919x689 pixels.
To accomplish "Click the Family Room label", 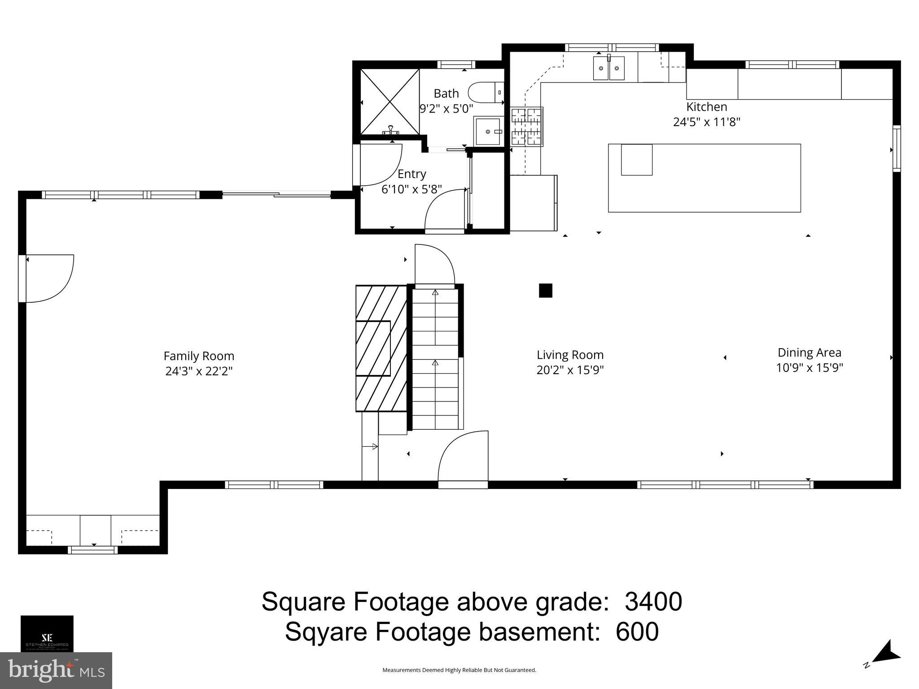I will point(199,356).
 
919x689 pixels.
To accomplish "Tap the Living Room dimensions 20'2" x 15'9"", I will point(570,370).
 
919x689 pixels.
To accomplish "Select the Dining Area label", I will point(809,353).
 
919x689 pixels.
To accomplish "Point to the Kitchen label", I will point(706,107).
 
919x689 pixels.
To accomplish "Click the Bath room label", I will point(446,93).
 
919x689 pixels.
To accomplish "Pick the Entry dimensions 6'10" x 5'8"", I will point(411,189).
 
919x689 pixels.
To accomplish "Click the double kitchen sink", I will point(609,69).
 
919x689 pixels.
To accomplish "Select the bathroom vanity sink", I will point(488,131).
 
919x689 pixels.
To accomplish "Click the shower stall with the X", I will point(390,101).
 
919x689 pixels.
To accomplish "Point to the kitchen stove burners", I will point(527,126).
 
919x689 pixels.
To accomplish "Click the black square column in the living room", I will point(545,291).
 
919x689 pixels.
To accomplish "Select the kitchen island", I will point(704,178).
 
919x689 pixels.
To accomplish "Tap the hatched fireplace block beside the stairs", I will point(381,348).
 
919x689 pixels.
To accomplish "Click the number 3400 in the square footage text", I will point(653,602).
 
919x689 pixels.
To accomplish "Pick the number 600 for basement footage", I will point(637,632).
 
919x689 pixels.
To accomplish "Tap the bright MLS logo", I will point(56,671).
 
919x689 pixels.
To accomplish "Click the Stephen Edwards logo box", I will point(47,633).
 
